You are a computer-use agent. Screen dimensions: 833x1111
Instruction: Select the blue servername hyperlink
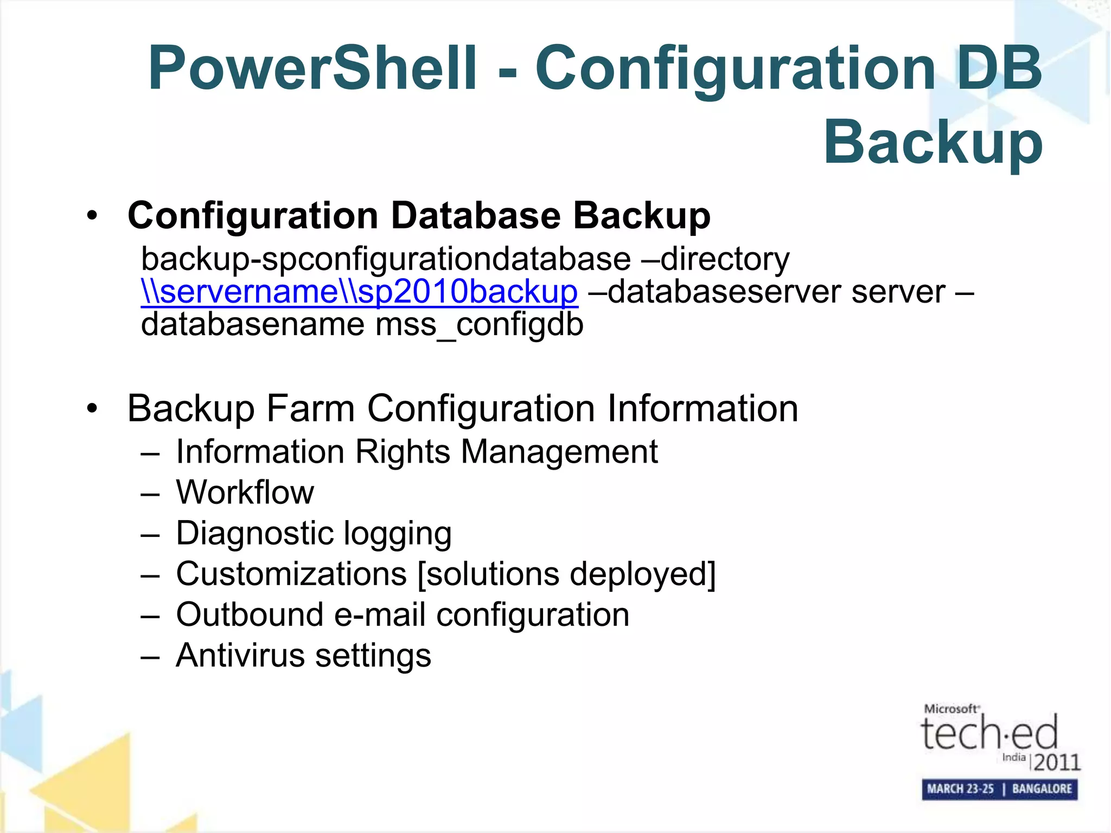tap(359, 292)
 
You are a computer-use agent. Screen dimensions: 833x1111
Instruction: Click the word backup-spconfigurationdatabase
tap(386, 259)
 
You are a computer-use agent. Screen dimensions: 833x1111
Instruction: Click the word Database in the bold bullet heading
tap(476, 216)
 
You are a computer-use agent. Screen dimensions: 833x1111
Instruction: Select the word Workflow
tap(245, 492)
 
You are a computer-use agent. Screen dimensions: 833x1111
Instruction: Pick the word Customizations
tap(291, 574)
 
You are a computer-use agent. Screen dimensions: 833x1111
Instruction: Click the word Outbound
tap(250, 614)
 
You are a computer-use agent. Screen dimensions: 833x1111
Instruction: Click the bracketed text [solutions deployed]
tap(566, 574)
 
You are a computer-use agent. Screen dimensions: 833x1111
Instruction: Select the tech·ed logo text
tap(989, 733)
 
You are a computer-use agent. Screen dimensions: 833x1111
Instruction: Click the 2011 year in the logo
tap(1057, 762)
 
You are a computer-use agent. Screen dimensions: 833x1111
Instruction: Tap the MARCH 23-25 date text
tap(960, 789)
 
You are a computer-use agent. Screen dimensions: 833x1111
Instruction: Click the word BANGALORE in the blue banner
tap(1042, 789)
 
